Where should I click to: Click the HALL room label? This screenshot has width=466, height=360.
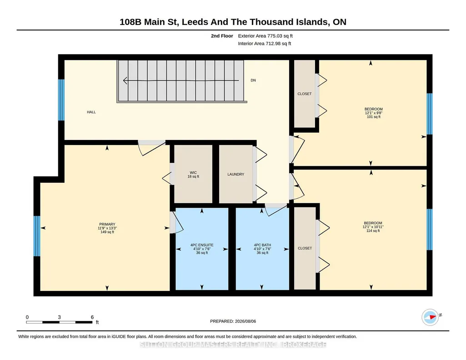point(91,112)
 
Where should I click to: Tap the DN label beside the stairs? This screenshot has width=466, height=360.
point(253,80)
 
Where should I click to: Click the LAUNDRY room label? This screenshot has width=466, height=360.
point(236,175)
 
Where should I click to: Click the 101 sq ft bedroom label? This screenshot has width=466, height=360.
point(374,113)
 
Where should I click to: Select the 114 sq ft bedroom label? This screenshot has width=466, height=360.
point(373,227)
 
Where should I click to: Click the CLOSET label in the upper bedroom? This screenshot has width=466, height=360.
point(305,94)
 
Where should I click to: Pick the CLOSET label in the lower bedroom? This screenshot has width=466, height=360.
point(305,248)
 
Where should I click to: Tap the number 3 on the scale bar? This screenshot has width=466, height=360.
point(60,317)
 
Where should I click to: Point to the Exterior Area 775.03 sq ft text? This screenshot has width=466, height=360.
point(266,36)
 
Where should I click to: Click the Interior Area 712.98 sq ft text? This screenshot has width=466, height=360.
point(265,43)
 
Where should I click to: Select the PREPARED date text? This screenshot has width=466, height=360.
point(233,321)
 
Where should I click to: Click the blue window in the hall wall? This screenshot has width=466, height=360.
point(61,100)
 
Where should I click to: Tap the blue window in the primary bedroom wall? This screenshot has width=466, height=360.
point(37,236)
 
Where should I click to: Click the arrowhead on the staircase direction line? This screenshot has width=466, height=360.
point(125,80)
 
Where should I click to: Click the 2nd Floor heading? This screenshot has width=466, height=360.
point(222,36)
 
